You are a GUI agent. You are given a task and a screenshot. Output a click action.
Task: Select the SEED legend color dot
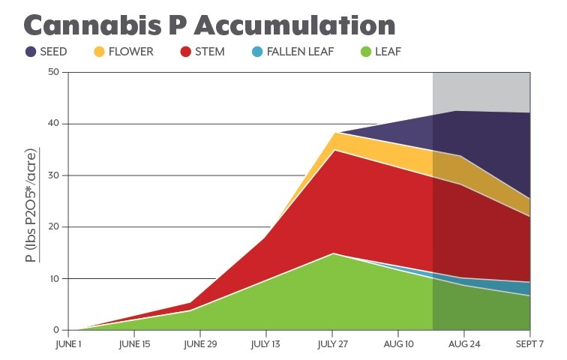click(x=30, y=52)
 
